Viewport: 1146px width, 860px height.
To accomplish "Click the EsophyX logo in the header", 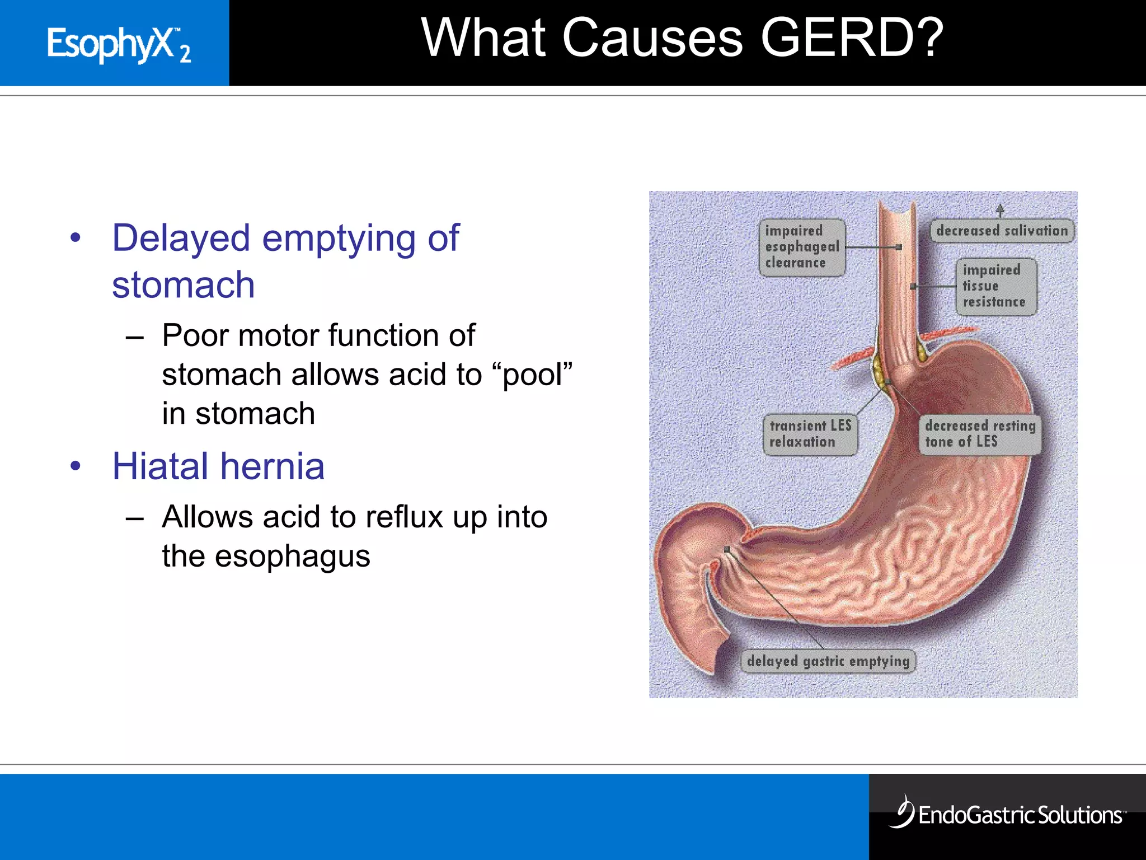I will click(x=119, y=45).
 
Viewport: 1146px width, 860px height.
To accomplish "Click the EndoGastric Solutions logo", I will click(x=1007, y=814).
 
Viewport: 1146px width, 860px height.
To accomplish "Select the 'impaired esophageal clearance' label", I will click(x=801, y=247).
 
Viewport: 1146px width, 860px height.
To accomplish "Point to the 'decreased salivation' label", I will click(x=1002, y=231).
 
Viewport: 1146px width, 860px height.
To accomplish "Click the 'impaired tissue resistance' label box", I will click(x=995, y=286).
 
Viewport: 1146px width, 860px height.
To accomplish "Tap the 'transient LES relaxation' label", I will click(x=810, y=433).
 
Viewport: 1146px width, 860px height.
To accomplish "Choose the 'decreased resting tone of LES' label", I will click(x=980, y=433).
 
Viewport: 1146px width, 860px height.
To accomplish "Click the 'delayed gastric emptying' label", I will click(x=828, y=661).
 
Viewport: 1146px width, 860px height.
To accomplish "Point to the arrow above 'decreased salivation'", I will click(x=1000, y=210).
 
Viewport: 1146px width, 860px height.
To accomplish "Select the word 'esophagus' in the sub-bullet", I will click(x=292, y=556).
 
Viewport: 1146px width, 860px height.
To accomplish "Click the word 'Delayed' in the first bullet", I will click(x=181, y=238).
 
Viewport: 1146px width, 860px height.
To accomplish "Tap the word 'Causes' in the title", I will click(x=652, y=38).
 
